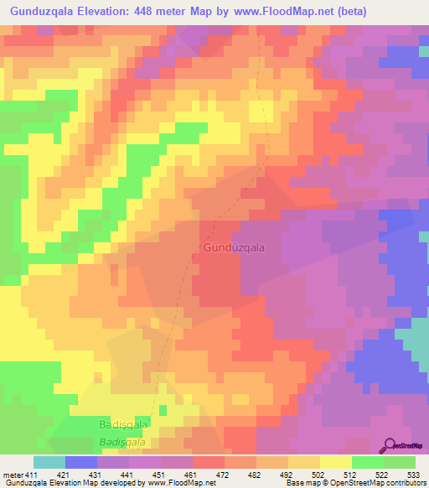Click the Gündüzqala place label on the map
point(234,248)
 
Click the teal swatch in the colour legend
point(49,462)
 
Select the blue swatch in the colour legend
point(81,462)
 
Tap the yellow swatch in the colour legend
point(335,462)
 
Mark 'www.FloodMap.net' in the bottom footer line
point(173,483)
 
